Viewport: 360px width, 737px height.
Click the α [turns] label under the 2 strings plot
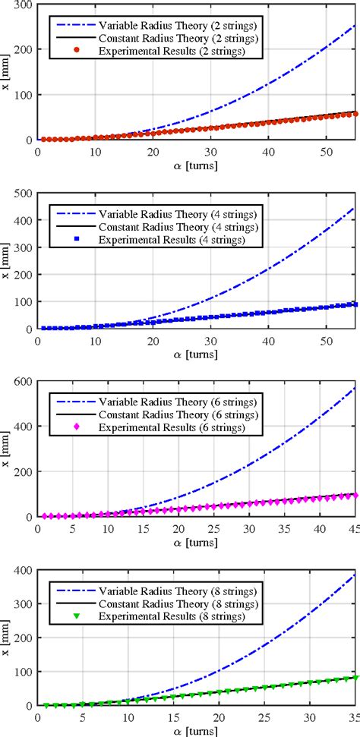[196, 163]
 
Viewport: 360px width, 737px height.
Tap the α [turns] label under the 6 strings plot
[196, 540]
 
